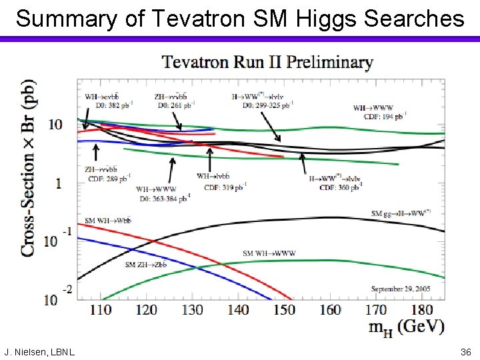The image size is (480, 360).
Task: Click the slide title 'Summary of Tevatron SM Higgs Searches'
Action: [x=240, y=18]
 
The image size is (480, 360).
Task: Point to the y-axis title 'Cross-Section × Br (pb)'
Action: [x=29, y=168]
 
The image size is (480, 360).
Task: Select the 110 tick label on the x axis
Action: [x=100, y=309]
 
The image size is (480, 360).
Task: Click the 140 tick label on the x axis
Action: [x=238, y=309]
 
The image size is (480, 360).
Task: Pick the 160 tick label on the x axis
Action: [x=330, y=309]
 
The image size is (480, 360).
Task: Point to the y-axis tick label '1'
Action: [x=59, y=183]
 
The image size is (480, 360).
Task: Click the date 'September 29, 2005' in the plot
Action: [x=401, y=289]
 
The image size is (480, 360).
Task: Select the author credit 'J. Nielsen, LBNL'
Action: [x=39, y=351]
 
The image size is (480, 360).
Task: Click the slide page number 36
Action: [x=465, y=351]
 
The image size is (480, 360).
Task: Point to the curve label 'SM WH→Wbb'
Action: [x=108, y=221]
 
